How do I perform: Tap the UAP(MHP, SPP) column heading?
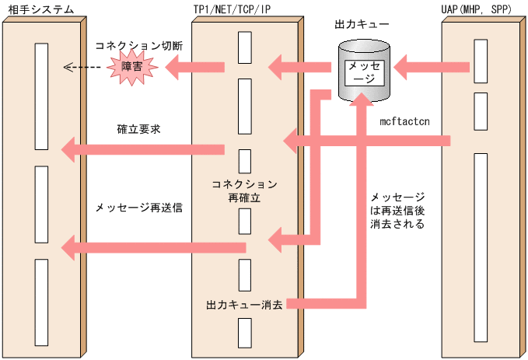(x=480, y=9)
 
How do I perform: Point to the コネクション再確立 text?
(x=244, y=191)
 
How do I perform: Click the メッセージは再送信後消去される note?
(x=397, y=210)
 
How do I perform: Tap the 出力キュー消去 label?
(x=243, y=302)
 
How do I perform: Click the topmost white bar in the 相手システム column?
(x=42, y=96)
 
